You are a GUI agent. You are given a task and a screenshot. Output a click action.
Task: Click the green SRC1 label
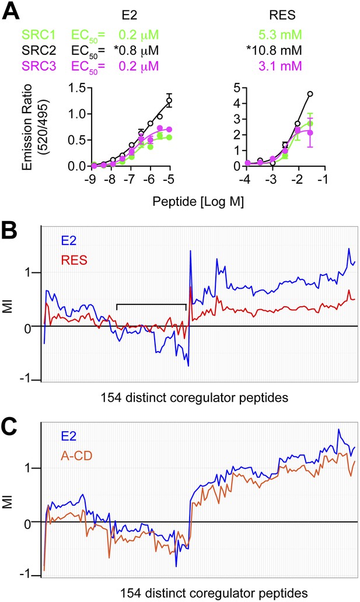pos(39,35)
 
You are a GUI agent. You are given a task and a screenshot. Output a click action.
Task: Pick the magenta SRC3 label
pos(39,66)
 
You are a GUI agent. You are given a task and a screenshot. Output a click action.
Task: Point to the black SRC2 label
pos(39,50)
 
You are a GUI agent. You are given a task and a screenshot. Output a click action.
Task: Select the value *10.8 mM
pos(274,50)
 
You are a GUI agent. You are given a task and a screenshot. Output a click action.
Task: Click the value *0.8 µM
pos(136,50)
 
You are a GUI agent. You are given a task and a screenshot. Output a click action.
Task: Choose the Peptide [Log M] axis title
pos(198,202)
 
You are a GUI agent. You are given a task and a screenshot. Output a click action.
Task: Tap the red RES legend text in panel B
pos(74,260)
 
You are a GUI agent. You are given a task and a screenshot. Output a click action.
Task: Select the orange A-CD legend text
pos(76,456)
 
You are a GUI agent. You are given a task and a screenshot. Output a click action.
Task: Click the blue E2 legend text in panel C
pos(68,436)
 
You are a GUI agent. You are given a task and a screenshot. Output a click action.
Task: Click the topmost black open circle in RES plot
pos(310,94)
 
